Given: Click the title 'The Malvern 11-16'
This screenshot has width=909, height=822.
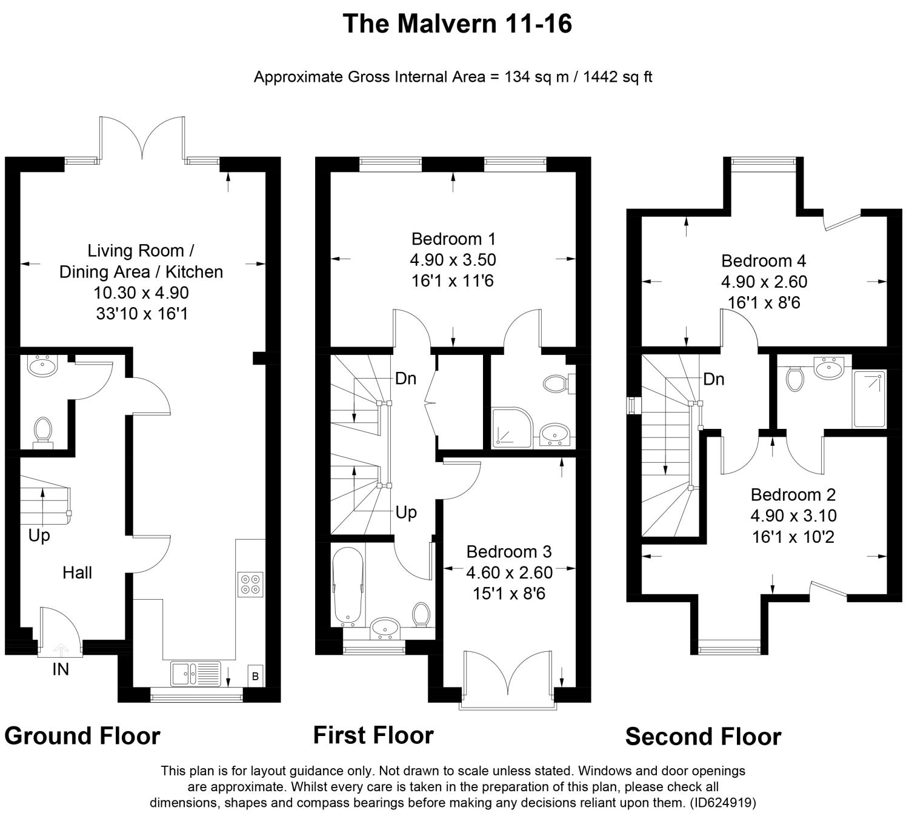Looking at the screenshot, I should pos(457,24).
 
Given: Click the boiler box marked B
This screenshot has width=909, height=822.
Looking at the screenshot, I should pos(255,676).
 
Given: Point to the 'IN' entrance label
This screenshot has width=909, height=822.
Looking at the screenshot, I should pos(61,669).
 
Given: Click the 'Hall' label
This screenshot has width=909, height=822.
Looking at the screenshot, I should pos(77,572).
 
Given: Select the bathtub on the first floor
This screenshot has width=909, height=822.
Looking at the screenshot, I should pos(347,586).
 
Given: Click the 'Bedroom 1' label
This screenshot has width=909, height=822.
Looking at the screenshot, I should pos(453,238).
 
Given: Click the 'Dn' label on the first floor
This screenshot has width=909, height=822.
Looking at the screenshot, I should pos(405,379).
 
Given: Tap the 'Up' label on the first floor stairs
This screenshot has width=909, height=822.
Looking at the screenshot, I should pos(406,512).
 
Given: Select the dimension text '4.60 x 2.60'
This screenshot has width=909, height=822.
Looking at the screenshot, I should pos(509,572).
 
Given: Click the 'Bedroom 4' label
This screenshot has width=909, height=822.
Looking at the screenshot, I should pos(764,261).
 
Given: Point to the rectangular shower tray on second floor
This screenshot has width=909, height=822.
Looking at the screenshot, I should pos(868,399).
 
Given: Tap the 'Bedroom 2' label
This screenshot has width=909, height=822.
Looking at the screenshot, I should pos(793,495).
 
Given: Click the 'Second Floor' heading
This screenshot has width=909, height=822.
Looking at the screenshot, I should pos(703,737).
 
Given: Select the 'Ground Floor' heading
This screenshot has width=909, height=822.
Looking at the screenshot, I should pos(82,736).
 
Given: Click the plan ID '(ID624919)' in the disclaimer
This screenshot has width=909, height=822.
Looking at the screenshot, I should pos(723,803).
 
